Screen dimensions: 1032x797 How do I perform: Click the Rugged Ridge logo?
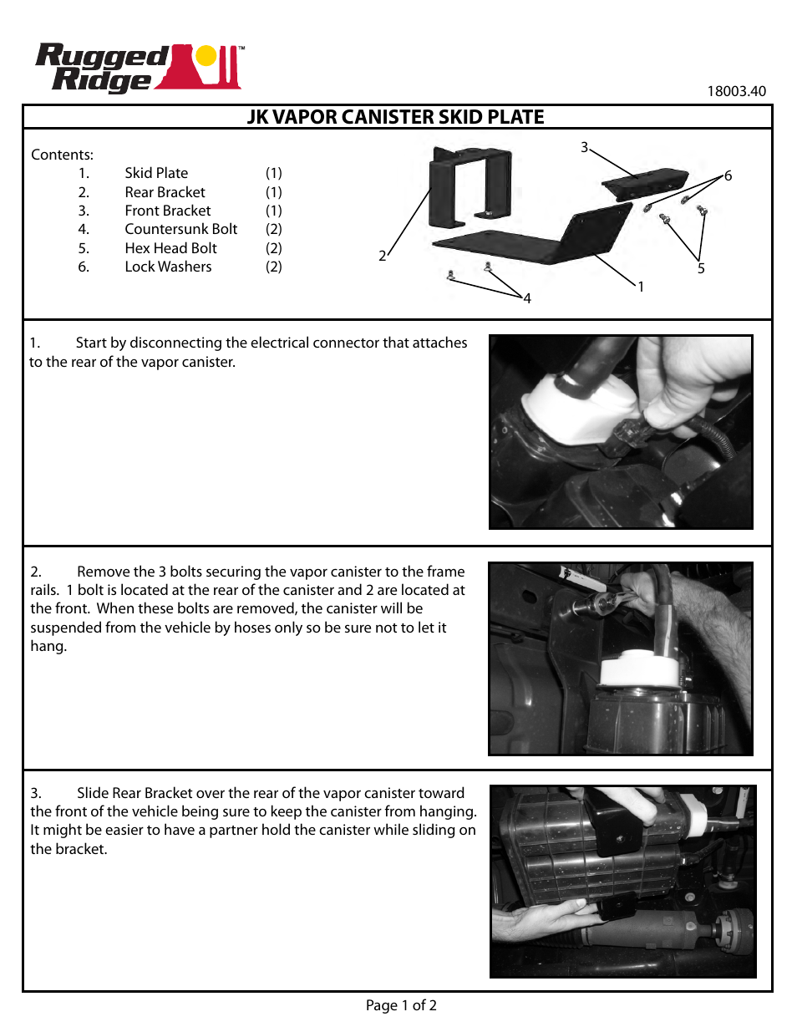click(139, 67)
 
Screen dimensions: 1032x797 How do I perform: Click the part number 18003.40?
click(735, 91)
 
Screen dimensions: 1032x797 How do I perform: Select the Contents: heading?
click(62, 155)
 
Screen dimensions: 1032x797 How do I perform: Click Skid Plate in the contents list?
click(156, 173)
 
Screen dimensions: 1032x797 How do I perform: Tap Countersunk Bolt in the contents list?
click(180, 229)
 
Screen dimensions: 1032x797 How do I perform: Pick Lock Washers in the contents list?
click(168, 267)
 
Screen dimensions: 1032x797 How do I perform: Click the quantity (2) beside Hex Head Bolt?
click(273, 248)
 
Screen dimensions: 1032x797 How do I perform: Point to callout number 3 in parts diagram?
click(585, 147)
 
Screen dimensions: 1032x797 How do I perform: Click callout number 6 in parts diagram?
click(728, 175)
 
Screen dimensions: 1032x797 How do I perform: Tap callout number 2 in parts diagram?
click(383, 256)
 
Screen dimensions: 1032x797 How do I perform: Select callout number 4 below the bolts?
click(527, 298)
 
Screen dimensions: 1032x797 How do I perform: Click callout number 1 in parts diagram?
click(641, 287)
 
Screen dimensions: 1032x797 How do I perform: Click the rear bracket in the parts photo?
click(469, 187)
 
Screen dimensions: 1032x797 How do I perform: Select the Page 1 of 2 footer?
click(401, 1005)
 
